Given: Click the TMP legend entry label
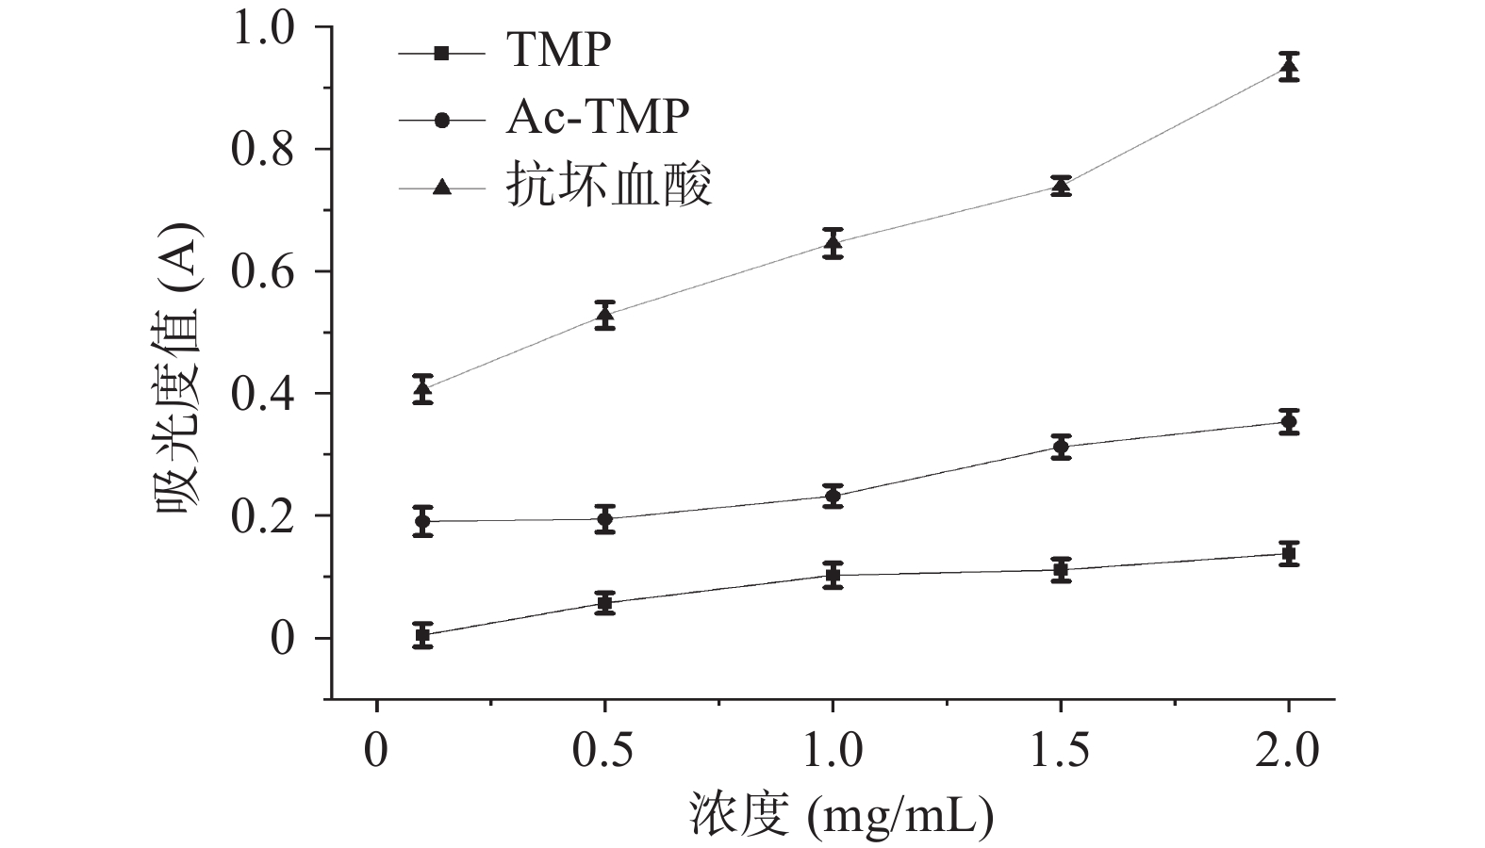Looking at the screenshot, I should pos(558,50).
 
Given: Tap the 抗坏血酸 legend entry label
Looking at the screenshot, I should pos(608,185).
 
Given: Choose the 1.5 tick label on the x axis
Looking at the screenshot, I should pos(1061,752).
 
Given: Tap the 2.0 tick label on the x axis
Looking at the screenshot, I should pos(1289,752).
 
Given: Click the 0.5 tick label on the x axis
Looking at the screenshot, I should pos(604,752).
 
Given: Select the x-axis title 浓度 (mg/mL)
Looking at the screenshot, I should pos(842,815).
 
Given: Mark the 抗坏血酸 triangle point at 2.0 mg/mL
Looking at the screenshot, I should pos(1289,67).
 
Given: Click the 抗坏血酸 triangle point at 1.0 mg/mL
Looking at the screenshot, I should pos(833,243).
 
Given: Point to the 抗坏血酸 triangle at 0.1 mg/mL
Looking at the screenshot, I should pos(422,387).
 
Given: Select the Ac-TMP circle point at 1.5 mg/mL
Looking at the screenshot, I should pos(1061,448).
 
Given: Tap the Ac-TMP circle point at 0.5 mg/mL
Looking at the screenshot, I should pos(604,518).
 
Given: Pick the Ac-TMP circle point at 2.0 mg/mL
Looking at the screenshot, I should pos(1289,421).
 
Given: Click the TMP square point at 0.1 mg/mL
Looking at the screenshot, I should pos(422,635).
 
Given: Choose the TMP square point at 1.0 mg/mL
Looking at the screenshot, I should pos(833,574).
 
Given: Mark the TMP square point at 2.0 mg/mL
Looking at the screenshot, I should pos(1289,553).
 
